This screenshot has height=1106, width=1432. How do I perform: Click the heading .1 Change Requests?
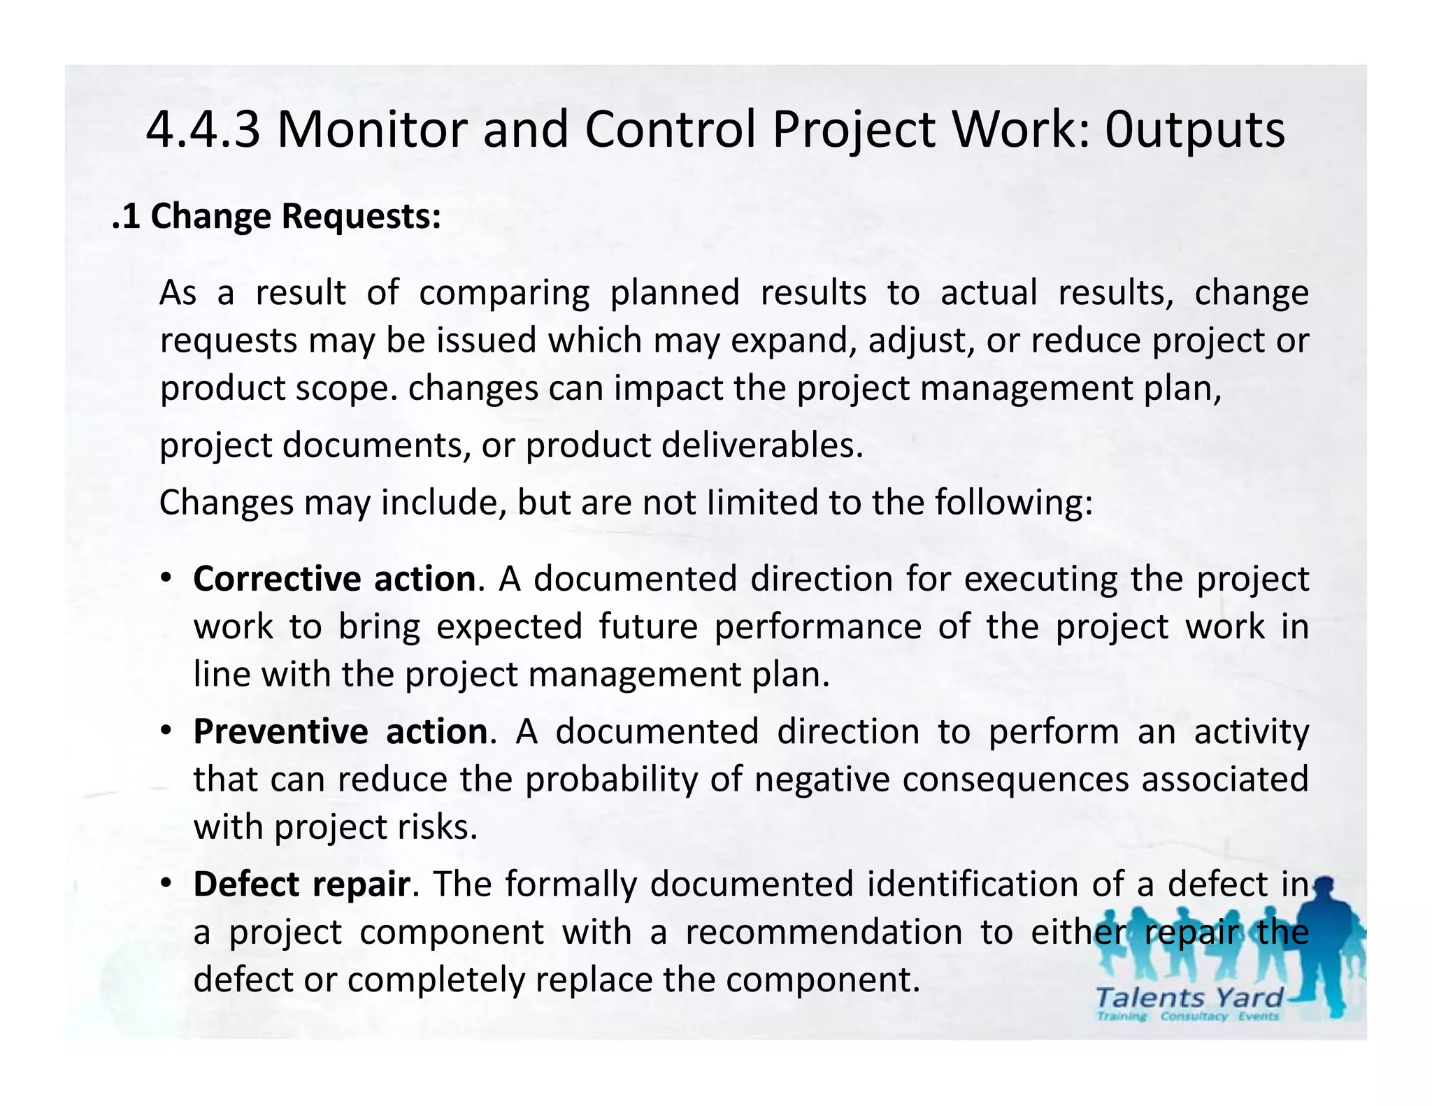point(277,216)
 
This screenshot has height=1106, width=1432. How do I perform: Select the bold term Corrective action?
point(335,580)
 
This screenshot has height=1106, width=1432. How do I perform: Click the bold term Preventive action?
point(341,732)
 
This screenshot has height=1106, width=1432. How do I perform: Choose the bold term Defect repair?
point(301,884)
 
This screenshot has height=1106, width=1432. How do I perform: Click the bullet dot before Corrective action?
point(166,579)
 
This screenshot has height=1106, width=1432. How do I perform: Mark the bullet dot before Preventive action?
point(166,731)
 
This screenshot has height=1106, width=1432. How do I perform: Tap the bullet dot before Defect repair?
point(166,884)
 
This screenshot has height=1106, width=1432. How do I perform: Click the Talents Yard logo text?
point(1189,997)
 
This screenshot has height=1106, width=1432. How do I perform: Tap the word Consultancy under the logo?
point(1194,1017)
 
